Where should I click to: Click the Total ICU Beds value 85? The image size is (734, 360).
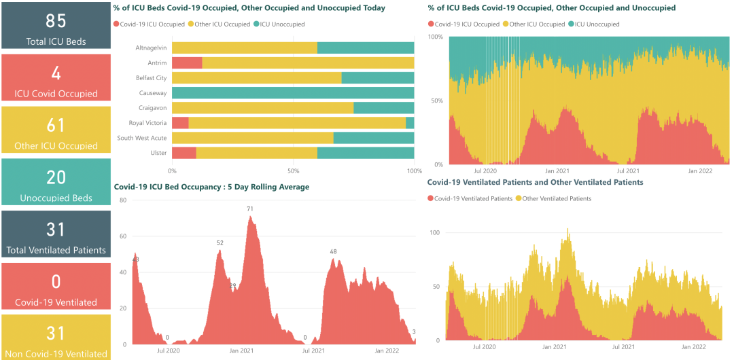[56, 20]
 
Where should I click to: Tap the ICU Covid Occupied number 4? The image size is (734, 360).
[56, 73]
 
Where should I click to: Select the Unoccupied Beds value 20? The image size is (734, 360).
[56, 177]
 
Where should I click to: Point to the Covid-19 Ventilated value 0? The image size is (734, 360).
[56, 282]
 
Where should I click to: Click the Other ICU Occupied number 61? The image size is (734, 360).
[56, 125]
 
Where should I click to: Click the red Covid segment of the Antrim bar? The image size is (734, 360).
[187, 63]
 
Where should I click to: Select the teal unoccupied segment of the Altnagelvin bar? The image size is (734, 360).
[366, 48]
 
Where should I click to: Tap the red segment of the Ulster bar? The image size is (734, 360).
[184, 153]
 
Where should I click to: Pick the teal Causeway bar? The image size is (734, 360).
[293, 93]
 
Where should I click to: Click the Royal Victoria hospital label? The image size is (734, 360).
[147, 123]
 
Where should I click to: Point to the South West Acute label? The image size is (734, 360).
[141, 138]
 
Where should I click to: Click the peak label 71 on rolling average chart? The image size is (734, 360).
[250, 209]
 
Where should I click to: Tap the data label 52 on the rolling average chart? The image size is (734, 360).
[220, 243]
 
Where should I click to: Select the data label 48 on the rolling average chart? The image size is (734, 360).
[333, 252]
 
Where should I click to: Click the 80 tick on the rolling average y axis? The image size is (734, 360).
[123, 200]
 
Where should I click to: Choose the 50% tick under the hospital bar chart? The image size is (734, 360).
[293, 170]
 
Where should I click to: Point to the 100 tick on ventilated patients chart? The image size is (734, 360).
[435, 232]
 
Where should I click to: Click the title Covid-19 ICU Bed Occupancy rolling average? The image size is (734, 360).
[211, 187]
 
